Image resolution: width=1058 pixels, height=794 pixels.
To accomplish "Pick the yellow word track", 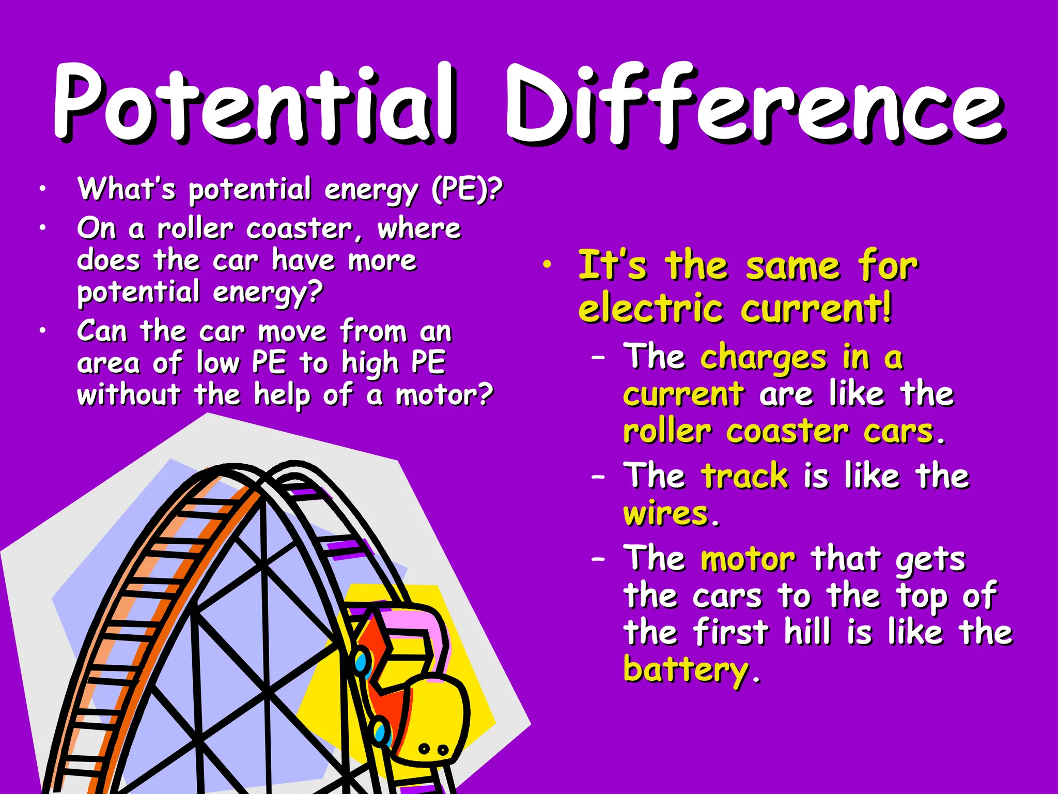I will (x=744, y=476).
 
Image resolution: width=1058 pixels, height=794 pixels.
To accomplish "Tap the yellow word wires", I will (x=666, y=514).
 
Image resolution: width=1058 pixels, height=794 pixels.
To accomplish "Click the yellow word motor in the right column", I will (x=748, y=560).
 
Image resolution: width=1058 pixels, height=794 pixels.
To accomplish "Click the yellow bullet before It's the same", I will (x=547, y=265).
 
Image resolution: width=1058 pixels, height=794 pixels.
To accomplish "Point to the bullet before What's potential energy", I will (x=43, y=189).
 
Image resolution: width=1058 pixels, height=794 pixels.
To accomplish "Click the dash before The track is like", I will (x=598, y=477).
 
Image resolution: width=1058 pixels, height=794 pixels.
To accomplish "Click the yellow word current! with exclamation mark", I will (x=816, y=309).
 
